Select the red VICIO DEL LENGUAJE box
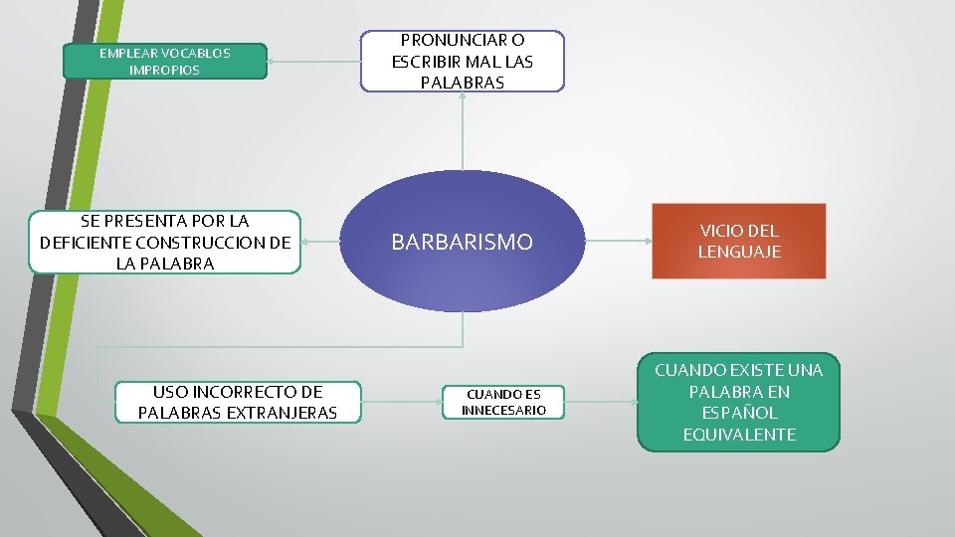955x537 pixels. coord(738,242)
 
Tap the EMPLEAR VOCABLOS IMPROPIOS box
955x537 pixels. coord(164,62)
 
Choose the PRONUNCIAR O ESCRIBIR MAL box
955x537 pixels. coord(462,62)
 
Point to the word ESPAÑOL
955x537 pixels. coord(738,413)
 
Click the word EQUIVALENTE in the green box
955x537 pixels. coord(738,435)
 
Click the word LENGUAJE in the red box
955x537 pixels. coord(738,253)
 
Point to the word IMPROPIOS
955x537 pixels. coord(164,71)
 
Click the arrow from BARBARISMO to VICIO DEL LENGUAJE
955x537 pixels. coord(617,241)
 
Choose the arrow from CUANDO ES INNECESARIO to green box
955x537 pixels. coord(601,402)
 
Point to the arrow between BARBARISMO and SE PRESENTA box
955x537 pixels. coord(324,242)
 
